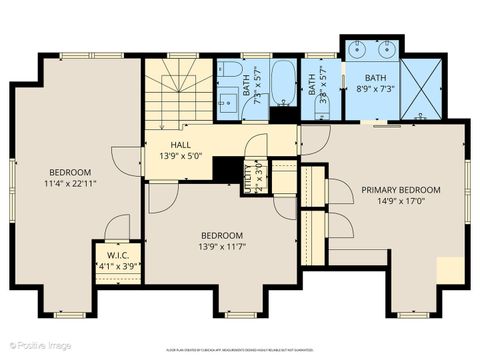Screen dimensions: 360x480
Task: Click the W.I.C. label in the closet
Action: tap(115, 255)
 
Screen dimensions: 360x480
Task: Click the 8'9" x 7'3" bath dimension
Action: tap(376, 88)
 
